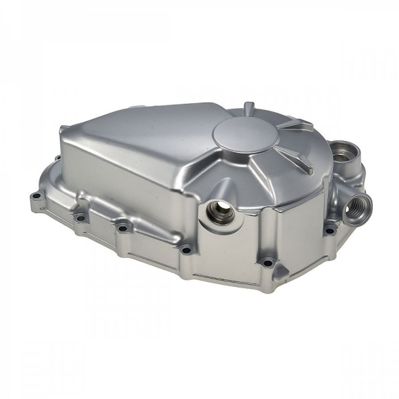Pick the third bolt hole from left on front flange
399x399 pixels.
[x=122, y=228]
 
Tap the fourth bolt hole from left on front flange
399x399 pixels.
[x=186, y=250]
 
